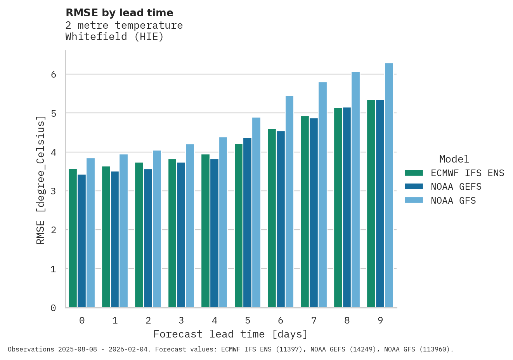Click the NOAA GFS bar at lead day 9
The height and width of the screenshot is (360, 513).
click(389, 185)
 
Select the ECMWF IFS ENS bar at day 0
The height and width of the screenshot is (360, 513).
click(73, 238)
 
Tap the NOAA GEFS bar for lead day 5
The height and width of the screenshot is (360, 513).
click(247, 223)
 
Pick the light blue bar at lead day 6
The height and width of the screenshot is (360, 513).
click(289, 202)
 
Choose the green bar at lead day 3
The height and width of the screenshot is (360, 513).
click(172, 233)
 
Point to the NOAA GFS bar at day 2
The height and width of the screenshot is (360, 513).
click(157, 229)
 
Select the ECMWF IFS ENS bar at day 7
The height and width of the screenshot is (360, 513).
click(305, 212)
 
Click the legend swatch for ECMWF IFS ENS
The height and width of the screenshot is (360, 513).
click(414, 173)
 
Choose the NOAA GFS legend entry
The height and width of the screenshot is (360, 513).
click(453, 201)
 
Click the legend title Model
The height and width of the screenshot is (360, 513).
click(454, 159)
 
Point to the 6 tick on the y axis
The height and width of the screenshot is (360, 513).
click(54, 74)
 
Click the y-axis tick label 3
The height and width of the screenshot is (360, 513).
click(54, 191)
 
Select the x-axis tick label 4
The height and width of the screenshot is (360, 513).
click(215, 321)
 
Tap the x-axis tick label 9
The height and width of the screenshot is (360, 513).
click(380, 321)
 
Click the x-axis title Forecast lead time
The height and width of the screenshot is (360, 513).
click(231, 334)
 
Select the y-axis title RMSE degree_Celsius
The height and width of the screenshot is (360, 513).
click(40, 180)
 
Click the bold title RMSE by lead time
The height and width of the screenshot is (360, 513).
click(120, 13)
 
